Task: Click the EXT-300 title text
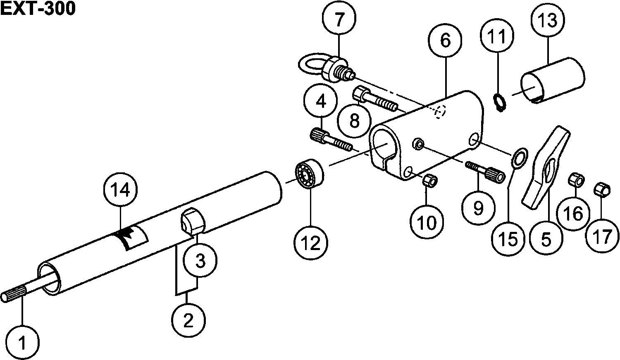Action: (38, 9)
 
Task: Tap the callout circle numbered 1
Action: (23, 343)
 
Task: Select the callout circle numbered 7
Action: (339, 19)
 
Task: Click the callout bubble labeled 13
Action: (548, 20)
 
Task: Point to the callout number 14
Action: (120, 190)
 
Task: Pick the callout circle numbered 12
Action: (311, 243)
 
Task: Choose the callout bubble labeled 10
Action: (427, 222)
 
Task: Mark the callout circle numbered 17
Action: (603, 236)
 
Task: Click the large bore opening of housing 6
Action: (385, 145)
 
